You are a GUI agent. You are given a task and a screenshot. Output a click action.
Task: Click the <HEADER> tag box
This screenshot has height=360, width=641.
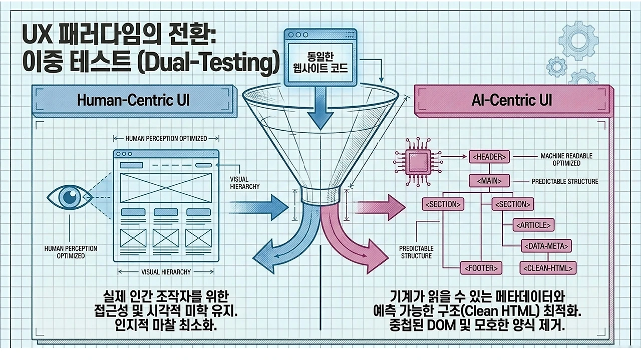coord(489,157)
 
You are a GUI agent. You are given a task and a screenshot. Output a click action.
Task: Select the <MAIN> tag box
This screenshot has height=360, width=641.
coord(489,181)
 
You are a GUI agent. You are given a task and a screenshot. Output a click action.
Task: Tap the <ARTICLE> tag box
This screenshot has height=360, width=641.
coord(533,225)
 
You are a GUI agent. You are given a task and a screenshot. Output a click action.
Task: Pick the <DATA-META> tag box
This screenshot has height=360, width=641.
coord(546,246)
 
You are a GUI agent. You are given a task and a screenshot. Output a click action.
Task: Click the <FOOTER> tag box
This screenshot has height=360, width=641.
coord(481,268)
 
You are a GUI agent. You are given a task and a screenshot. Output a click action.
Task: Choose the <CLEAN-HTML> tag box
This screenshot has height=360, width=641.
coord(548,268)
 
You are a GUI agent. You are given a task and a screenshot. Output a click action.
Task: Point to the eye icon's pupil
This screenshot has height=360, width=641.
coord(69,196)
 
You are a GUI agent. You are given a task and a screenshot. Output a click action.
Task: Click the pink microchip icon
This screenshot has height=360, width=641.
coord(418,162)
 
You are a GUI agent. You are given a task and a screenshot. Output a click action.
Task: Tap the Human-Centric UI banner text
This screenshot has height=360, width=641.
coord(133,101)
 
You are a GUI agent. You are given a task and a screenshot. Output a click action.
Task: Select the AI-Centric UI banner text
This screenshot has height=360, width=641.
coord(512,100)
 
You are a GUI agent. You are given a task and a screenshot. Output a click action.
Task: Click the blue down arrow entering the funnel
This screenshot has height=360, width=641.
coord(320,108)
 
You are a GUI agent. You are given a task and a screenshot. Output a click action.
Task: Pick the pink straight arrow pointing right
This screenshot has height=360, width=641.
coord(382,207)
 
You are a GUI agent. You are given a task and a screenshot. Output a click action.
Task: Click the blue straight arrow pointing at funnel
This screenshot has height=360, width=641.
coord(259,207)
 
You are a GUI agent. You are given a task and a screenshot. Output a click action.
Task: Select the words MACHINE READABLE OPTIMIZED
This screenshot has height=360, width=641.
coord(566,159)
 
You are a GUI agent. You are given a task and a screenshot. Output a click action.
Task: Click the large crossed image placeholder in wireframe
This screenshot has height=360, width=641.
coord(166,188)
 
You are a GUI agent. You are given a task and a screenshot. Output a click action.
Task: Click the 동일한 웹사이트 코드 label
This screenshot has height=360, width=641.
coord(320,63)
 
